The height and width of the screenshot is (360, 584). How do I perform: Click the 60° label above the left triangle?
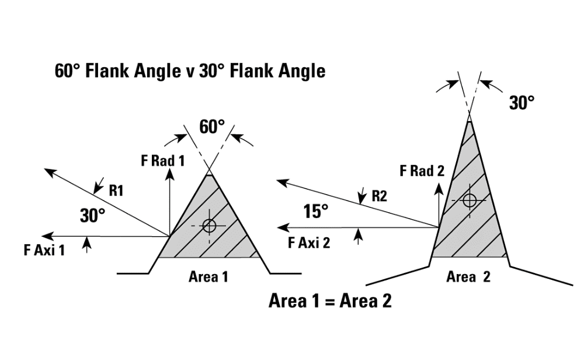click(211, 126)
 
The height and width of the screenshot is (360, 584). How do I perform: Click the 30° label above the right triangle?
click(522, 103)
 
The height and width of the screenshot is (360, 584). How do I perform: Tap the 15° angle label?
click(316, 211)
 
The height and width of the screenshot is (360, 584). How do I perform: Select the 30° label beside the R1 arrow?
click(92, 216)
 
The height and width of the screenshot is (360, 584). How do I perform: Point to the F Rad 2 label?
click(422, 171)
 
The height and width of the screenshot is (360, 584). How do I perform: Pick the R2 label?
click(381, 197)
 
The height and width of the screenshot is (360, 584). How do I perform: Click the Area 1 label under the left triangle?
click(208, 278)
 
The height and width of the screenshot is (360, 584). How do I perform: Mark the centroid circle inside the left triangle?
click(209, 226)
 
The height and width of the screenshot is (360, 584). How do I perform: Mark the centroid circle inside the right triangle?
click(469, 200)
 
